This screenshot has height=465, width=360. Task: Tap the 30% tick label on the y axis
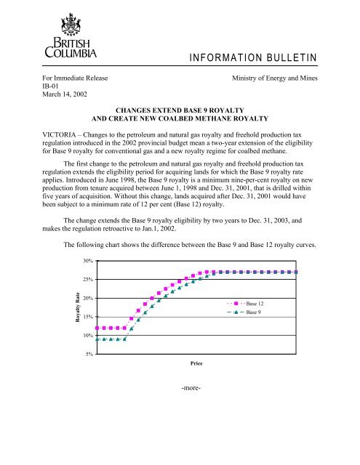(x=87, y=260)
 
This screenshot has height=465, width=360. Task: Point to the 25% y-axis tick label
(x=87, y=279)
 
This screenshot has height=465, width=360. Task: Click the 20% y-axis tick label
(x=87, y=298)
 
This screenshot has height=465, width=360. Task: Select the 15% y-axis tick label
(x=87, y=317)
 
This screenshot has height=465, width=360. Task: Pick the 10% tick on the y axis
(x=87, y=336)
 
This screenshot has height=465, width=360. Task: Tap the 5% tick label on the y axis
(x=88, y=354)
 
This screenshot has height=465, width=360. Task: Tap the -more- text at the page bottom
(x=190, y=387)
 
